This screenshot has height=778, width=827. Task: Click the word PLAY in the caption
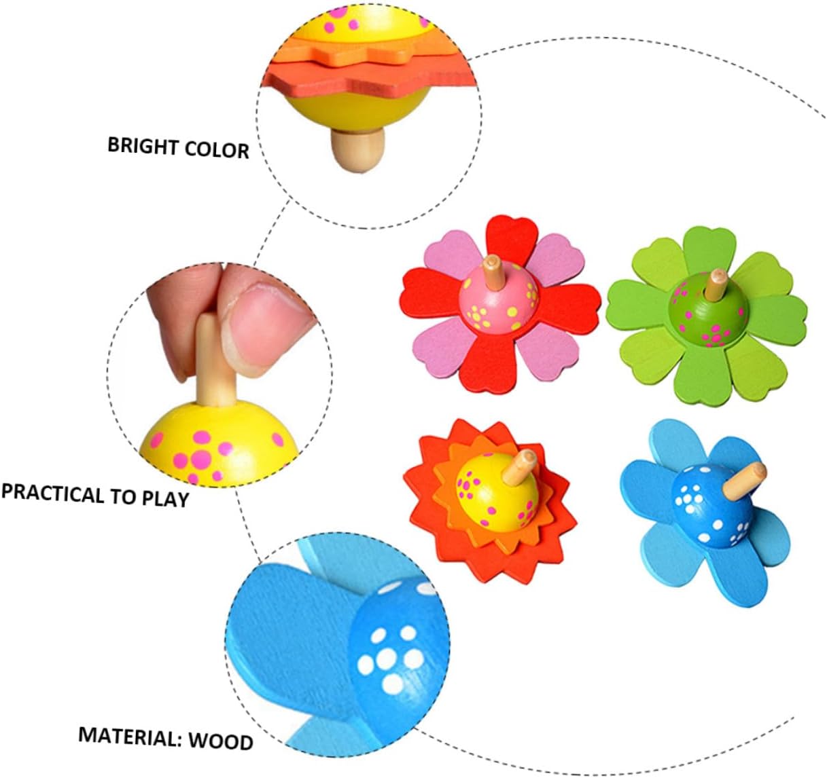(165, 498)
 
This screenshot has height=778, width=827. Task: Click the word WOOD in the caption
(220, 741)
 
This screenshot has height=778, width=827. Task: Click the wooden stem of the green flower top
(715, 284)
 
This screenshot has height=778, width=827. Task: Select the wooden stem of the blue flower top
(743, 479)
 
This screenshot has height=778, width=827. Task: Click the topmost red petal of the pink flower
(511, 237)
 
